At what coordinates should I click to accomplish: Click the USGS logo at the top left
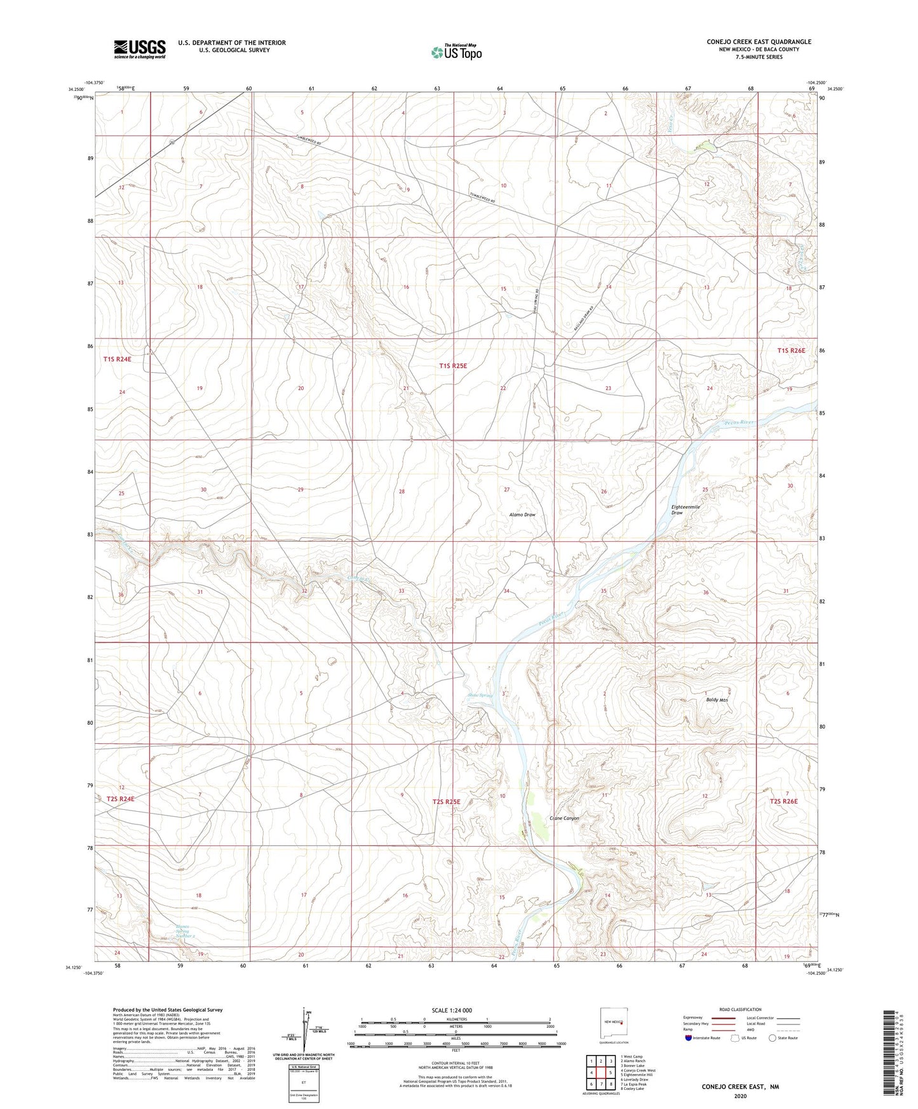pyautogui.click(x=140, y=49)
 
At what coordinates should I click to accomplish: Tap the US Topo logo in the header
pyautogui.click(x=456, y=52)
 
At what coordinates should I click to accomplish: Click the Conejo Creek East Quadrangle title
pyautogui.click(x=759, y=42)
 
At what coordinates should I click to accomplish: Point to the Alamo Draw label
pyautogui.click(x=522, y=514)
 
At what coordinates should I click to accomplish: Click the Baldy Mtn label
pyautogui.click(x=717, y=700)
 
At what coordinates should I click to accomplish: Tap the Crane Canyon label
pyautogui.click(x=564, y=818)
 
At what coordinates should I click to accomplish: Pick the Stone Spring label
pyautogui.click(x=480, y=696)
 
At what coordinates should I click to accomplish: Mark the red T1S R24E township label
pyautogui.click(x=117, y=360)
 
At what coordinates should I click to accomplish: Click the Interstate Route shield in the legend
pyautogui.click(x=689, y=1038)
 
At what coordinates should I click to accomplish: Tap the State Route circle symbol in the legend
pyautogui.click(x=773, y=1038)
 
